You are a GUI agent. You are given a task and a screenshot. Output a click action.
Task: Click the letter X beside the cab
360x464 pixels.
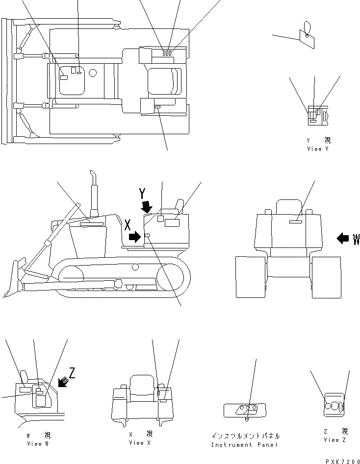click(127, 225)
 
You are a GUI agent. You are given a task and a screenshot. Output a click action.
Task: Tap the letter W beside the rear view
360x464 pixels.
click(356, 239)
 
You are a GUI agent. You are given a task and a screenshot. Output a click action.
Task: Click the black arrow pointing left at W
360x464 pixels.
click(343, 239)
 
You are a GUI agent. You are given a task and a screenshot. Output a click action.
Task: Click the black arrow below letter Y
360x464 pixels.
click(146, 206)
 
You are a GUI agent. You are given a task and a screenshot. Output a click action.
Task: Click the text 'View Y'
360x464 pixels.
click(318, 149)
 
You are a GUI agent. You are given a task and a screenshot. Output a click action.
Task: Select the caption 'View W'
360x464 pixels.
click(38, 444)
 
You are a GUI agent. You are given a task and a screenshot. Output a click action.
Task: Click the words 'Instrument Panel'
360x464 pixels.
click(244, 445)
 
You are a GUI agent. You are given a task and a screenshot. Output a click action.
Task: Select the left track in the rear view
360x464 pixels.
click(251, 277)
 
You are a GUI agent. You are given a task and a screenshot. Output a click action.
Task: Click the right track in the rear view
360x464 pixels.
click(326, 277)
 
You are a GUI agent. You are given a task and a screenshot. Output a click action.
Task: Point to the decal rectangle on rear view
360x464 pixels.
click(296, 222)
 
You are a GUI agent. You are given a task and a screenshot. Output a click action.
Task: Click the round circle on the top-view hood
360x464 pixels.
click(93, 73)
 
